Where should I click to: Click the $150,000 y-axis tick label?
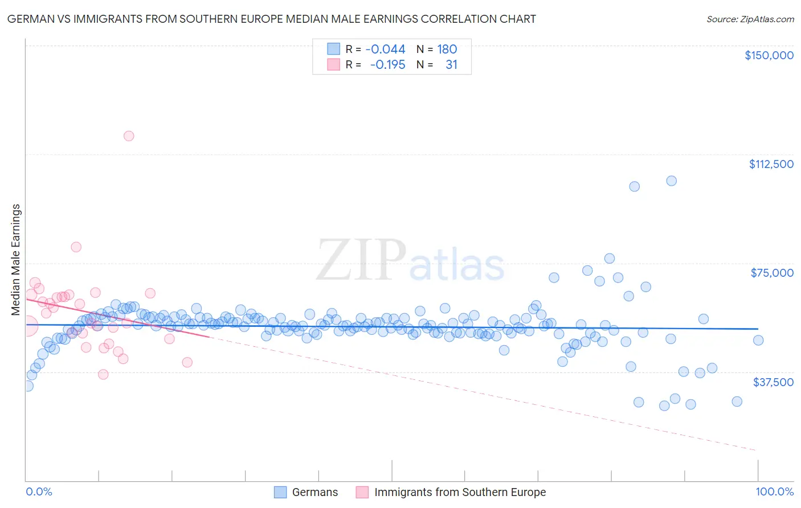point(769,55)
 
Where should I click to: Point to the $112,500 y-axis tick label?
point(771,164)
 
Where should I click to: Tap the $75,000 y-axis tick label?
point(772,273)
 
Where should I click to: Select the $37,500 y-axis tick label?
point(773,382)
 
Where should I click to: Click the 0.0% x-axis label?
point(39,491)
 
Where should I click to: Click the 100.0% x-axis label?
point(774,491)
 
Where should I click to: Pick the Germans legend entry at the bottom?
point(306,492)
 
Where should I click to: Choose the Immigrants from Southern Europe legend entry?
point(451,492)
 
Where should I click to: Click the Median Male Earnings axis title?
point(16,259)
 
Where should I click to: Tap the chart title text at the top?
point(271,19)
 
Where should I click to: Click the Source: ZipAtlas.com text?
point(750,19)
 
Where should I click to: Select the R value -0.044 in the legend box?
point(385,49)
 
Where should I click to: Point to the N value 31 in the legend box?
point(451,64)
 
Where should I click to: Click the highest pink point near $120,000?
point(129,136)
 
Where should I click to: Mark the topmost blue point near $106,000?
point(671,181)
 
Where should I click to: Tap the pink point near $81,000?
point(76,247)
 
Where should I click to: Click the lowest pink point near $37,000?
point(103,374)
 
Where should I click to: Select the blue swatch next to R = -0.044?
point(333,49)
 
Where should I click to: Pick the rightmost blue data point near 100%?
point(758,340)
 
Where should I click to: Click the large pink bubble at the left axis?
point(28,326)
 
